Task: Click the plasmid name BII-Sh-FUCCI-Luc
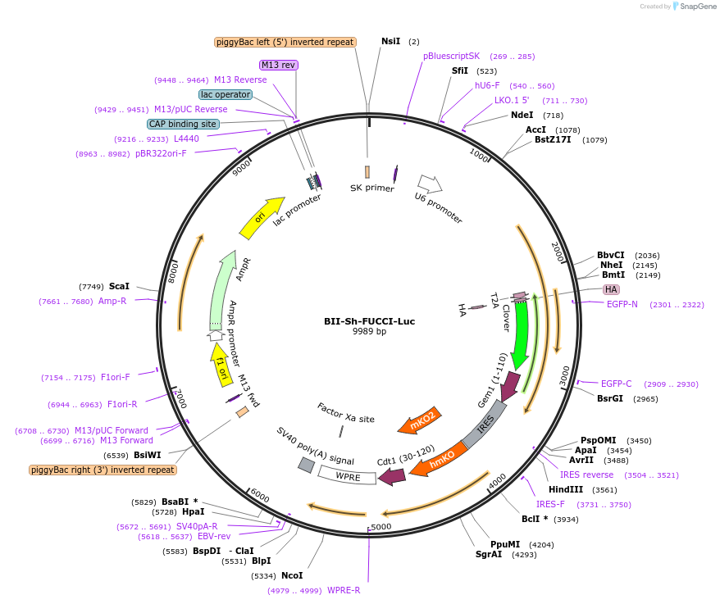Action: pos(369,321)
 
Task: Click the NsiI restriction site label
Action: pos(391,41)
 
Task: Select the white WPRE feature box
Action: pos(346,475)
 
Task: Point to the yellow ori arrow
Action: pos(261,217)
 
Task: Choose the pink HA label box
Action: pos(611,289)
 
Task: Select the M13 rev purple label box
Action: pos(278,65)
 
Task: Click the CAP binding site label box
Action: pos(183,124)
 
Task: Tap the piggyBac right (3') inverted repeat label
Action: pos(103,470)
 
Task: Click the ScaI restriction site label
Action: pos(119,286)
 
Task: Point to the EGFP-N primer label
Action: pos(622,305)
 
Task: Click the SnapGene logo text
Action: pos(695,7)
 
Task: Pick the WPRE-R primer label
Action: pos(344,590)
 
